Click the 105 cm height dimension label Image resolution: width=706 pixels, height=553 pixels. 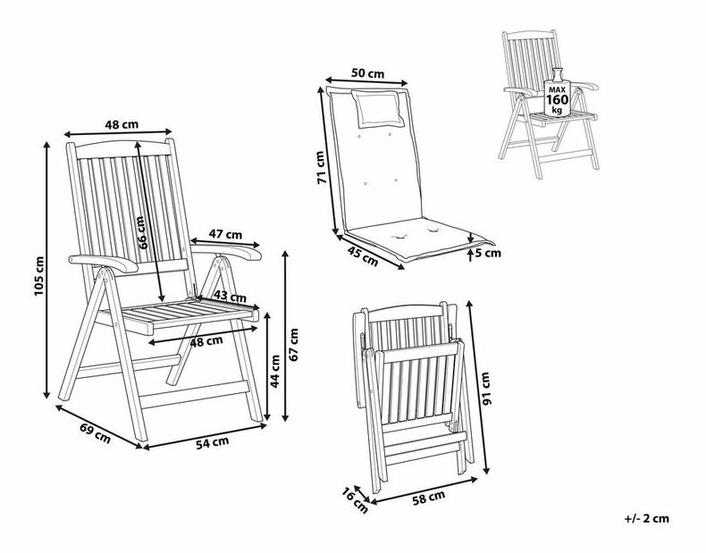(39, 276)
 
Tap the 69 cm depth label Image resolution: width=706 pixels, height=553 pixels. (95, 433)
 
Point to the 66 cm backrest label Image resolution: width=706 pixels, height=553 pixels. (141, 232)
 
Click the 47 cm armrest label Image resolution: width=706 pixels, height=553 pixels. (225, 234)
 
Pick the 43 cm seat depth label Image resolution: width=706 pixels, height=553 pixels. (230, 297)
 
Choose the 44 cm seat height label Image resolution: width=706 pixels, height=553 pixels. (275, 372)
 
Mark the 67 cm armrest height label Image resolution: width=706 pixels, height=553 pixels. (293, 345)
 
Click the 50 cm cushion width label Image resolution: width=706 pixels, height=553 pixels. (368, 73)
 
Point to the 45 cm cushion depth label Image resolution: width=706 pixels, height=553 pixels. (363, 256)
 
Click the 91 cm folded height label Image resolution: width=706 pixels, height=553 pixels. (485, 389)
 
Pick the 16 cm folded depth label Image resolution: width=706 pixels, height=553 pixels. (355, 501)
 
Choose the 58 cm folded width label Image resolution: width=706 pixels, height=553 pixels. (429, 498)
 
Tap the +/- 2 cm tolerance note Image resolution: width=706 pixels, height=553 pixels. (646, 518)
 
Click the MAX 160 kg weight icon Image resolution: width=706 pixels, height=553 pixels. (558, 92)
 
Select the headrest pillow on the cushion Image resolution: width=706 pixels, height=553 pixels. (377, 107)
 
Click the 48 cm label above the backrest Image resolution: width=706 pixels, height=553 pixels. (122, 124)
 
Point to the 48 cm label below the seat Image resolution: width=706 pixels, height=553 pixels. (206, 341)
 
